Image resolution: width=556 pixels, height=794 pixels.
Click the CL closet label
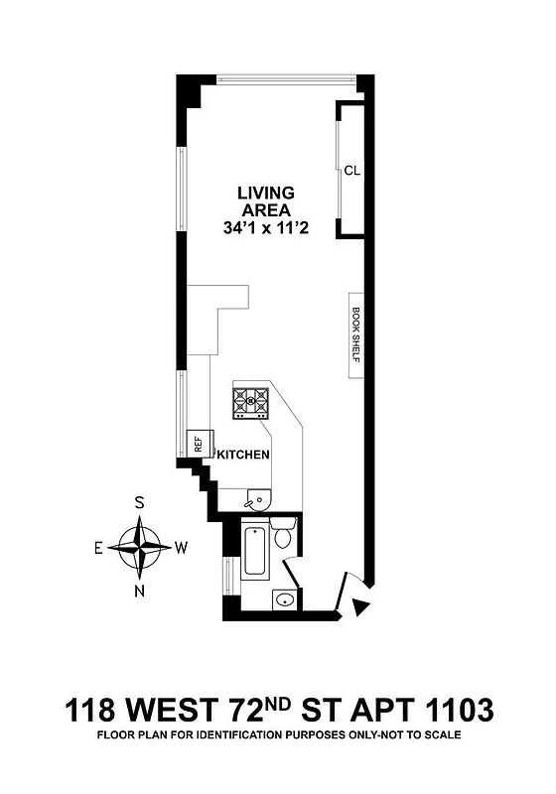point(351,170)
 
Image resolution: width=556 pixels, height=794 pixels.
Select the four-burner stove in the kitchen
point(252,401)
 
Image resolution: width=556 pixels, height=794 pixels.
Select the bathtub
point(254,552)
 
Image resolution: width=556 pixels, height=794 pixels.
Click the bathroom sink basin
point(286,598)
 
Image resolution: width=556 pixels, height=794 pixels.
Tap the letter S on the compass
point(140,503)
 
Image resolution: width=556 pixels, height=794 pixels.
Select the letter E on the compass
point(98,547)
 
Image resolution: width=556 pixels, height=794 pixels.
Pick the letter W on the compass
point(182,547)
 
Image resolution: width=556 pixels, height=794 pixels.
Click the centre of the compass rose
point(140,547)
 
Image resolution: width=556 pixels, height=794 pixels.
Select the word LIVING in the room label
point(264,193)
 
